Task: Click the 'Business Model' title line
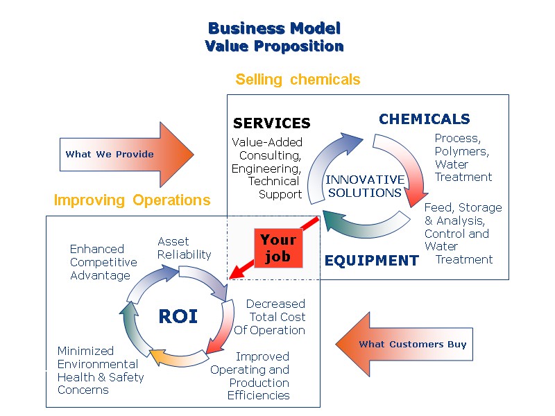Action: [275, 28]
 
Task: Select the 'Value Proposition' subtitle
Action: [275, 46]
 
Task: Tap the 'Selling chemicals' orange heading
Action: [298, 79]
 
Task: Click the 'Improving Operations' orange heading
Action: [132, 200]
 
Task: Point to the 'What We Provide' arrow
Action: [118, 154]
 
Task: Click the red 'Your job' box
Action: [278, 248]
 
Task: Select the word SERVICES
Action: [271, 123]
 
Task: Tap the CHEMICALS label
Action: [424, 119]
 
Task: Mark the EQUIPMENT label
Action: [371, 261]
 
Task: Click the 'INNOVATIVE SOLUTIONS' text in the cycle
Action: [364, 186]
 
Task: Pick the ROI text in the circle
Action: [178, 317]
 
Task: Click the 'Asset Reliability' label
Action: [184, 248]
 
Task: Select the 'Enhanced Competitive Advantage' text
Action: [103, 262]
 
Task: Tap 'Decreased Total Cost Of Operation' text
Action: [271, 317]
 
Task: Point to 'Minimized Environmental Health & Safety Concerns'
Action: [100, 370]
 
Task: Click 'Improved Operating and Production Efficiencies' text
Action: [251, 376]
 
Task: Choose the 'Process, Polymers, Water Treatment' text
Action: [463, 158]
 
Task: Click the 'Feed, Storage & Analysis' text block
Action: [462, 233]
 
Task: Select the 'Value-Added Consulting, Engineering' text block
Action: [267, 168]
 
